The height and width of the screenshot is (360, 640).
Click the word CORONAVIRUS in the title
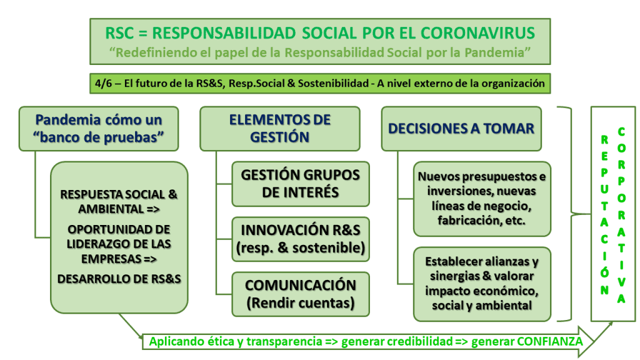click(x=477, y=34)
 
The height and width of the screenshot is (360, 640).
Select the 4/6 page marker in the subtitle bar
click(x=103, y=84)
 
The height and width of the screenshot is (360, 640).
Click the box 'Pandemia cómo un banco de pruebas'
click(x=99, y=129)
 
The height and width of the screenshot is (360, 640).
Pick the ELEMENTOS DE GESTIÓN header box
click(x=280, y=129)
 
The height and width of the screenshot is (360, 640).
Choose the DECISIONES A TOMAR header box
click(x=461, y=129)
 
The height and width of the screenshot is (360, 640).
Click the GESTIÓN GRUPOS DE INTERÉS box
click(x=301, y=184)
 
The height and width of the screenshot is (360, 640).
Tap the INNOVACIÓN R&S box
click(x=301, y=239)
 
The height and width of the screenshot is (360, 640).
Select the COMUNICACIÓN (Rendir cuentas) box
click(x=301, y=294)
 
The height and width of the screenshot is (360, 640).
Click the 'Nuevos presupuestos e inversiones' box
click(x=482, y=199)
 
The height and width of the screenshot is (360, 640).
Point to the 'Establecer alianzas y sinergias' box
click(x=482, y=284)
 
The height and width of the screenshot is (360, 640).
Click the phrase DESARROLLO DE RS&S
click(x=119, y=279)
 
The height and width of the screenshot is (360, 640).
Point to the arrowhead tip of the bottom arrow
click(x=592, y=342)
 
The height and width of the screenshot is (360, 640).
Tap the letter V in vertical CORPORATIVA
click(x=621, y=282)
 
